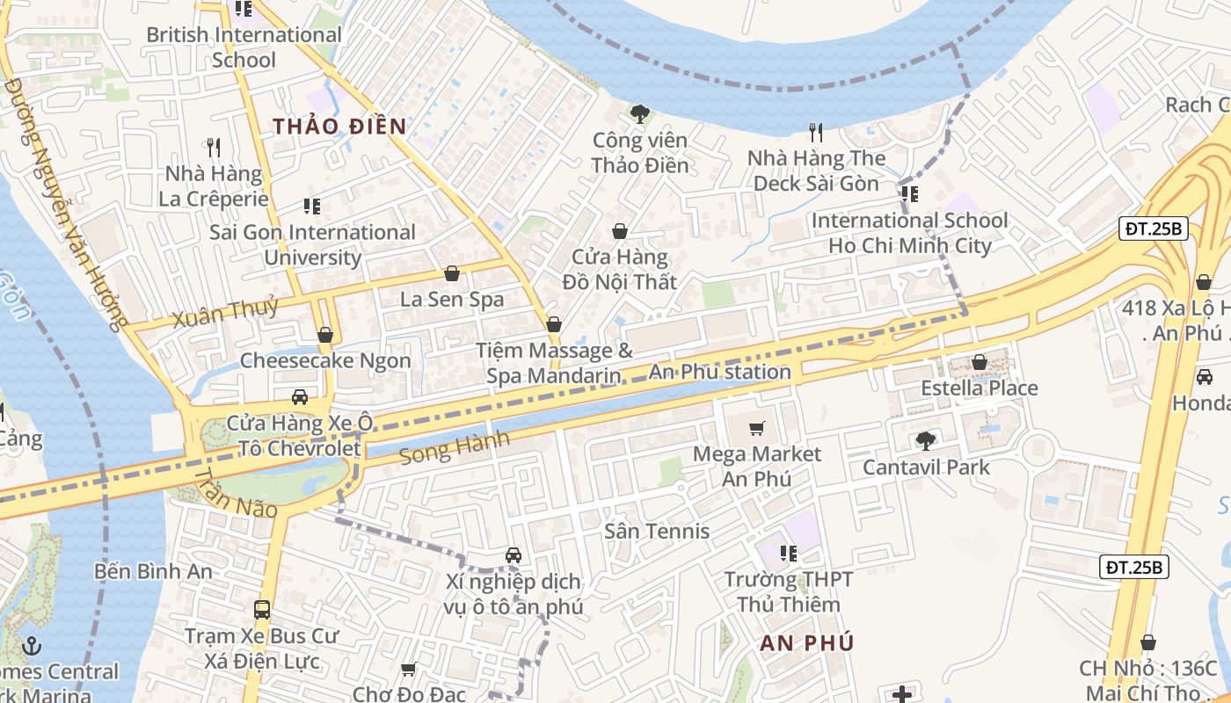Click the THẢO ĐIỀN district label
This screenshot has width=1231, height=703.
click(x=339, y=127)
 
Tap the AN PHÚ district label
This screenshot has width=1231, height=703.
click(x=807, y=642)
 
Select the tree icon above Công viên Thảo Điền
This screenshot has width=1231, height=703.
click(x=640, y=113)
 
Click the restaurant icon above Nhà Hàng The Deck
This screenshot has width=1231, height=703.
click(x=816, y=133)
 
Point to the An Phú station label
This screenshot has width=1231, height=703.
click(x=720, y=372)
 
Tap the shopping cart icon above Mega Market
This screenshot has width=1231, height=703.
click(x=756, y=429)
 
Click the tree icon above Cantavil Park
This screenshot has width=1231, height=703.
click(x=925, y=441)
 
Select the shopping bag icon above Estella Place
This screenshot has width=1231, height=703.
click(x=980, y=362)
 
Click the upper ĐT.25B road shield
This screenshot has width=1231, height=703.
click(x=1155, y=229)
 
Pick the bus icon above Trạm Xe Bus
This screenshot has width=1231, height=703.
click(x=261, y=609)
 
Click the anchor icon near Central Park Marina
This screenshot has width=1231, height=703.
click(x=33, y=646)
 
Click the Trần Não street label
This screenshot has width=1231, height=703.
click(x=236, y=494)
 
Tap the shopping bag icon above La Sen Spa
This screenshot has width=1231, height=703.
click(x=452, y=274)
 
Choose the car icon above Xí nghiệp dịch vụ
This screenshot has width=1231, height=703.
click(x=514, y=555)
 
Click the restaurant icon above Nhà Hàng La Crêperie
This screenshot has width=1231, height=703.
click(x=214, y=147)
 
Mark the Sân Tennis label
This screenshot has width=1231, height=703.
click(x=657, y=531)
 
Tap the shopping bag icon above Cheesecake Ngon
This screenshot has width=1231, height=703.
click(x=325, y=335)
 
